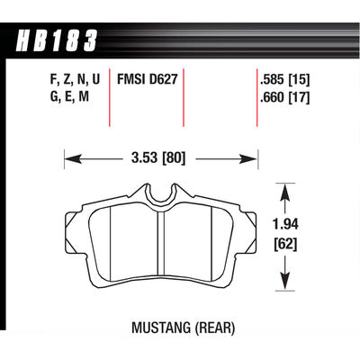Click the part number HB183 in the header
click(57, 40)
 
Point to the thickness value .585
click(272, 80)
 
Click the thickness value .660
click(272, 97)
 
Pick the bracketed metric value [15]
click(299, 80)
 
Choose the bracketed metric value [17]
click(299, 97)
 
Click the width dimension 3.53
click(144, 157)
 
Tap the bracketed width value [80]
click(174, 157)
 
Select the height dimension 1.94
click(285, 224)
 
